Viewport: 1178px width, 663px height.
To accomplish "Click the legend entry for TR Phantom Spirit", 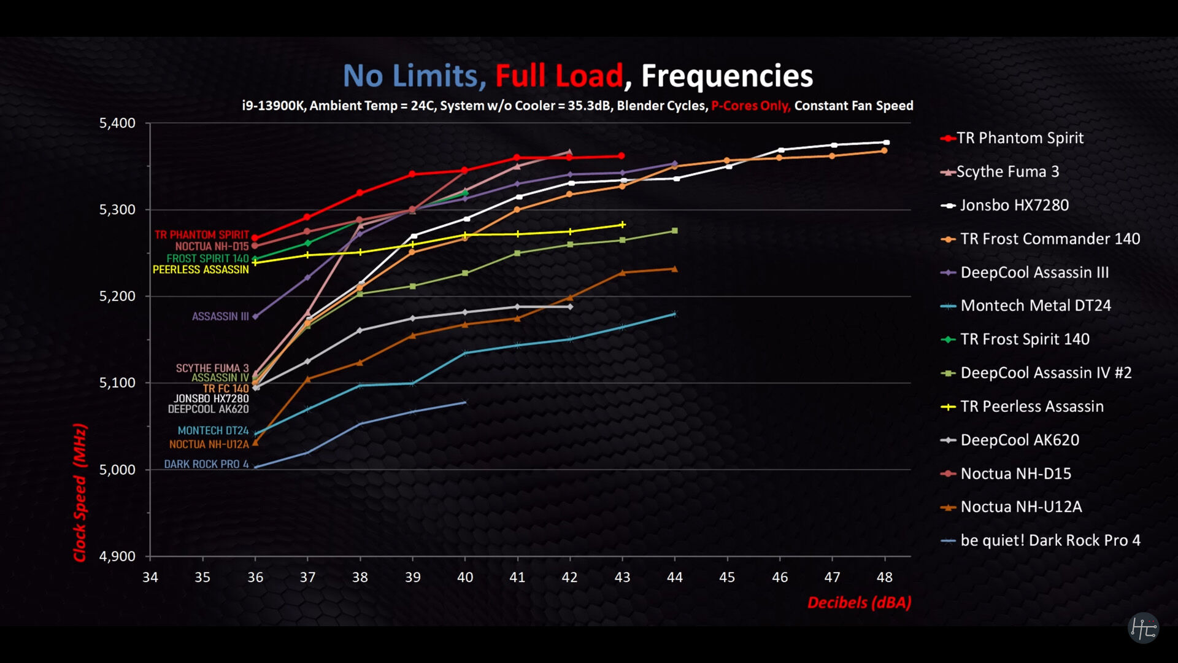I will click(x=1020, y=138).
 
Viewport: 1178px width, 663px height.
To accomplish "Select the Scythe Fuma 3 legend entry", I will click(x=1007, y=172).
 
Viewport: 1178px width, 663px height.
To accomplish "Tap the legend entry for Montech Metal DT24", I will click(x=1035, y=306).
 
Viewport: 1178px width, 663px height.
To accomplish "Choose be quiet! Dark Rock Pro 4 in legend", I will click(x=1050, y=540).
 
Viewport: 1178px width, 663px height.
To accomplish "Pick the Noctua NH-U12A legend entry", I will click(x=1021, y=507).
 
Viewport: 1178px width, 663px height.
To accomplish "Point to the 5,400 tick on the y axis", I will click(x=117, y=123).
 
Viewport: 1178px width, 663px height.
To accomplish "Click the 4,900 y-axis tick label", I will click(x=117, y=556).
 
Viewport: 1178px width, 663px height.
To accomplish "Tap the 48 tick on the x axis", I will click(x=884, y=577).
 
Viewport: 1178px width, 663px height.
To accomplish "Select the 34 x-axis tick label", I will click(x=150, y=577).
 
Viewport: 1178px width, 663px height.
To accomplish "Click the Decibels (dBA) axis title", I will click(x=859, y=602).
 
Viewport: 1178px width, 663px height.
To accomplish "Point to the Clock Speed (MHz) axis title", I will click(x=80, y=492).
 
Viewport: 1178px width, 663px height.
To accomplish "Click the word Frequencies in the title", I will click(x=727, y=76).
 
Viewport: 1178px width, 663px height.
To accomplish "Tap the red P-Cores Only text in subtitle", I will click(x=750, y=106).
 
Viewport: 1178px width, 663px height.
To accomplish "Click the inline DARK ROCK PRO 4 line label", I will click(x=206, y=464).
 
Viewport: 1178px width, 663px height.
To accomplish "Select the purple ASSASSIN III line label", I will click(x=220, y=316).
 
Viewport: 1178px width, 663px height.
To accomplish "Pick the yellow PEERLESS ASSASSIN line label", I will click(x=201, y=269).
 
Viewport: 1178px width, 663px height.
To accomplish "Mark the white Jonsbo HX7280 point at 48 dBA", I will click(x=886, y=142).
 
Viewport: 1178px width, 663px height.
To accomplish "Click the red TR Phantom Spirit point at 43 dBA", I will click(x=622, y=156).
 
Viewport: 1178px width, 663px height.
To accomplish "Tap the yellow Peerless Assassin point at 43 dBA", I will click(x=623, y=225).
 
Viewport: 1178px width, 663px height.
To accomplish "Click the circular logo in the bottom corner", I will click(x=1143, y=628).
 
